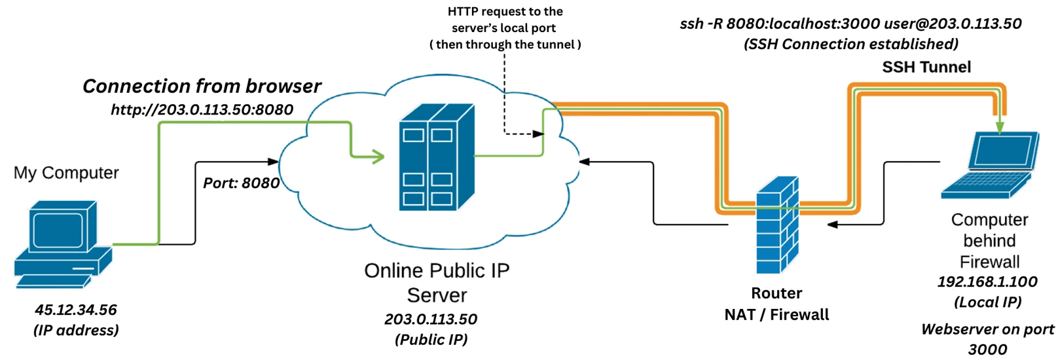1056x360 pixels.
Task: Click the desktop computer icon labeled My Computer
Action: pos(62,243)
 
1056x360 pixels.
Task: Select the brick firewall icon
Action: pos(777,225)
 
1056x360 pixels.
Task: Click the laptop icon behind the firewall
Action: pos(990,165)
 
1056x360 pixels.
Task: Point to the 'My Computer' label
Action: pos(66,173)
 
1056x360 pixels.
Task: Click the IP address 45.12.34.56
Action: pos(76,310)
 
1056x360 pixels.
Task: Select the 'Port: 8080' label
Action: pos(241,183)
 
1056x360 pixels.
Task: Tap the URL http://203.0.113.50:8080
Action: pos(202,109)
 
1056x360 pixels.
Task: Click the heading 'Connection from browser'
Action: pos(202,86)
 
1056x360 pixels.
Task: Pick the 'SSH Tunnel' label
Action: pos(926,67)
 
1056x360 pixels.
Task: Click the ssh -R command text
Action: pos(850,24)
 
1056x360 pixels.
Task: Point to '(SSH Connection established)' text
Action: pos(850,44)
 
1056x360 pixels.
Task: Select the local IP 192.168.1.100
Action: pos(987,282)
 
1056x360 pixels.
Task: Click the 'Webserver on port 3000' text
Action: pos(987,338)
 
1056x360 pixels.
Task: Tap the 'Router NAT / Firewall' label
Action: pos(776,304)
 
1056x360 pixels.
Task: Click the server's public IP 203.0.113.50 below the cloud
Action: pos(431,319)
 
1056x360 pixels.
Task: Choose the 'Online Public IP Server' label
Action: pos(437,282)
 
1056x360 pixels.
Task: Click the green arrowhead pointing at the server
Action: pos(378,156)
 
